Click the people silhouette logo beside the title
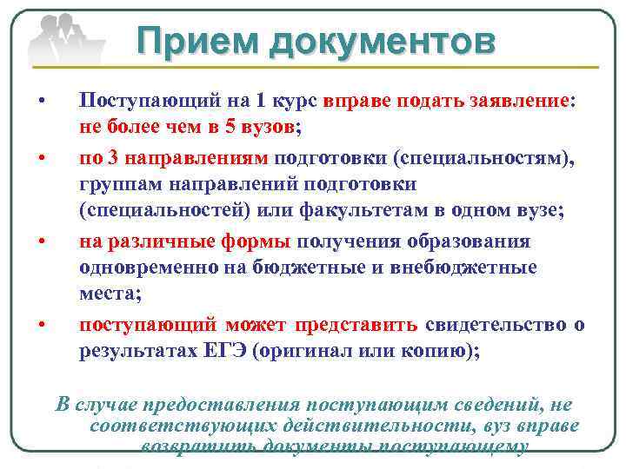click(x=63, y=39)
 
